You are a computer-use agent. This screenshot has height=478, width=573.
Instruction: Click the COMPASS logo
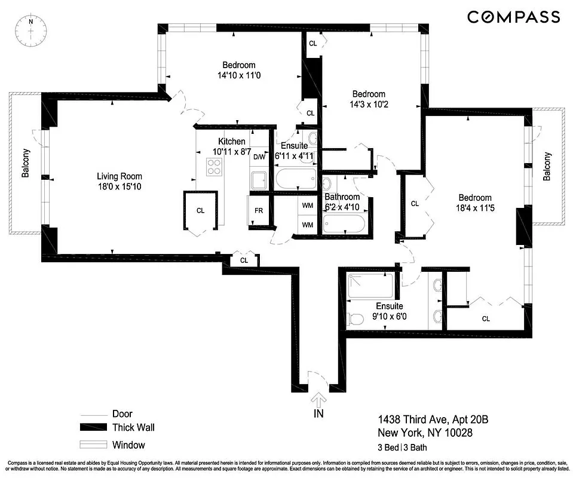click(x=513, y=17)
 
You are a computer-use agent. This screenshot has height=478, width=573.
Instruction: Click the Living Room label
click(x=119, y=176)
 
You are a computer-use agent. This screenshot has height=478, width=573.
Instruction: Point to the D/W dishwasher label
click(x=259, y=157)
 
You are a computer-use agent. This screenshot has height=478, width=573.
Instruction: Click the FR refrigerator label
click(x=259, y=211)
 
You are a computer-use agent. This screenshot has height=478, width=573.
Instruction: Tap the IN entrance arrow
click(x=318, y=401)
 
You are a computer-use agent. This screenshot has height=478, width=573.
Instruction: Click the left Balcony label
click(x=26, y=163)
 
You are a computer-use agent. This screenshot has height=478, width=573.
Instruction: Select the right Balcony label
click(x=547, y=167)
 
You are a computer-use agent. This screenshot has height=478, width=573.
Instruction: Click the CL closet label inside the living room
click(x=201, y=210)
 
